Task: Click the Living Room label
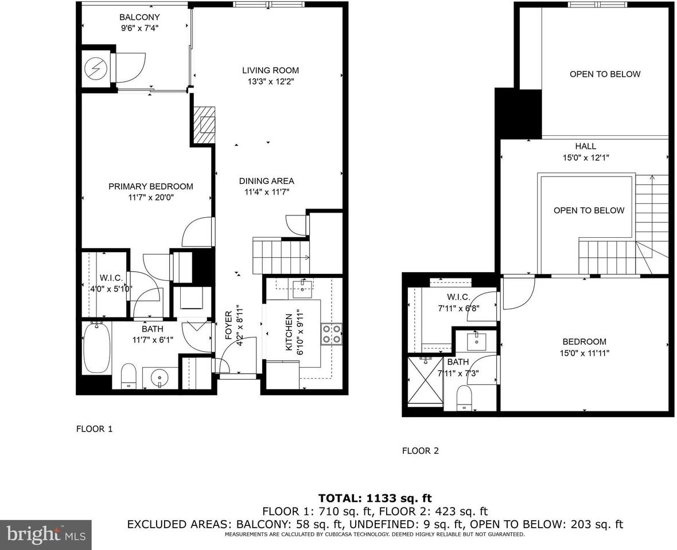tap(270, 70)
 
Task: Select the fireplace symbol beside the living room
tap(203, 125)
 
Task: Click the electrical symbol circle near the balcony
tap(93, 69)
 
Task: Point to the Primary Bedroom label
tap(151, 186)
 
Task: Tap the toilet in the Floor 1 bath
tap(129, 375)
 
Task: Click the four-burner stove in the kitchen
tap(332, 334)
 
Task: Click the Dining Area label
tap(266, 181)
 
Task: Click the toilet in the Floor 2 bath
tap(464, 397)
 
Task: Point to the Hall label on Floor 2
tap(585, 146)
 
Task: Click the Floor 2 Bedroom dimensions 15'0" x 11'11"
tap(585, 353)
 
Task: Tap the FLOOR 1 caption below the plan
tap(94, 429)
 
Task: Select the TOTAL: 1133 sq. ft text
tap(375, 498)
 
